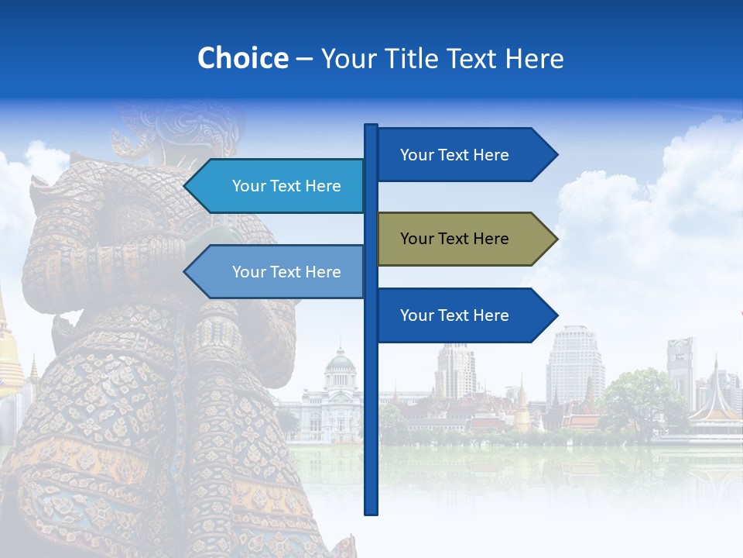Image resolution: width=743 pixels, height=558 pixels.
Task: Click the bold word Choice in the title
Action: [242, 58]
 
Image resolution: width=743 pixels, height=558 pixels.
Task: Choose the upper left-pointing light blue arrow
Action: [279, 186]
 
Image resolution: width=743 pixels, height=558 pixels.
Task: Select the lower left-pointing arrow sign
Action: [279, 272]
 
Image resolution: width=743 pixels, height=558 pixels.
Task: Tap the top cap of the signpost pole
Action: [371, 126]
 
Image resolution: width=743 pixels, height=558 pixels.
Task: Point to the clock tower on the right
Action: [680, 364]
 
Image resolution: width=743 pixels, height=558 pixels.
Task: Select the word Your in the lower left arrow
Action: [248, 272]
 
